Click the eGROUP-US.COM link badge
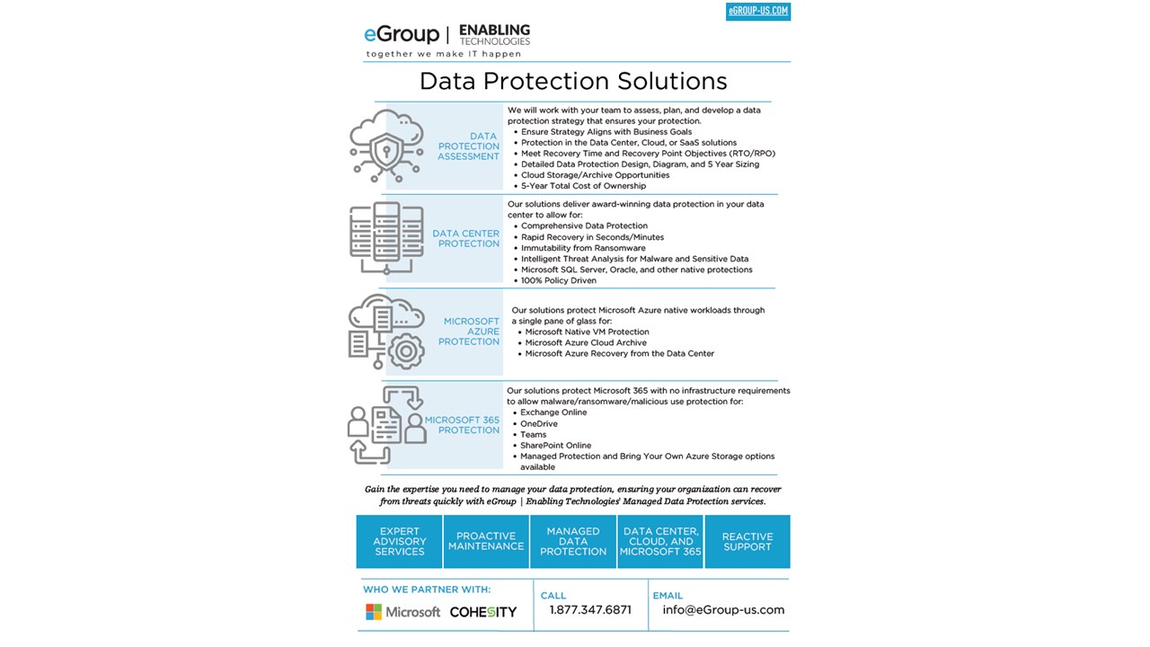[757, 12]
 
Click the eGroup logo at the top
[401, 34]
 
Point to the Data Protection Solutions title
[573, 81]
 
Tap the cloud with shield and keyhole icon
[386, 146]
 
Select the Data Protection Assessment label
[468, 146]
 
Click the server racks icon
[386, 237]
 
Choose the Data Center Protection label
[465, 238]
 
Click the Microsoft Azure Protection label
[470, 332]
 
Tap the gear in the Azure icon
[405, 350]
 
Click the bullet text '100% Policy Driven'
[558, 280]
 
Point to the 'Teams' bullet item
[533, 435]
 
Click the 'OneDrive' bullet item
[538, 424]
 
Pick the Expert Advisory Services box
[400, 541]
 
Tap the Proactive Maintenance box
[486, 541]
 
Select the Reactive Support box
[747, 541]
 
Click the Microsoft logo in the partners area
[402, 612]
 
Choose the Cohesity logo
[483, 612]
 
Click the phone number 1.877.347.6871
[590, 610]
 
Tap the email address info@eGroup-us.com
[723, 610]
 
